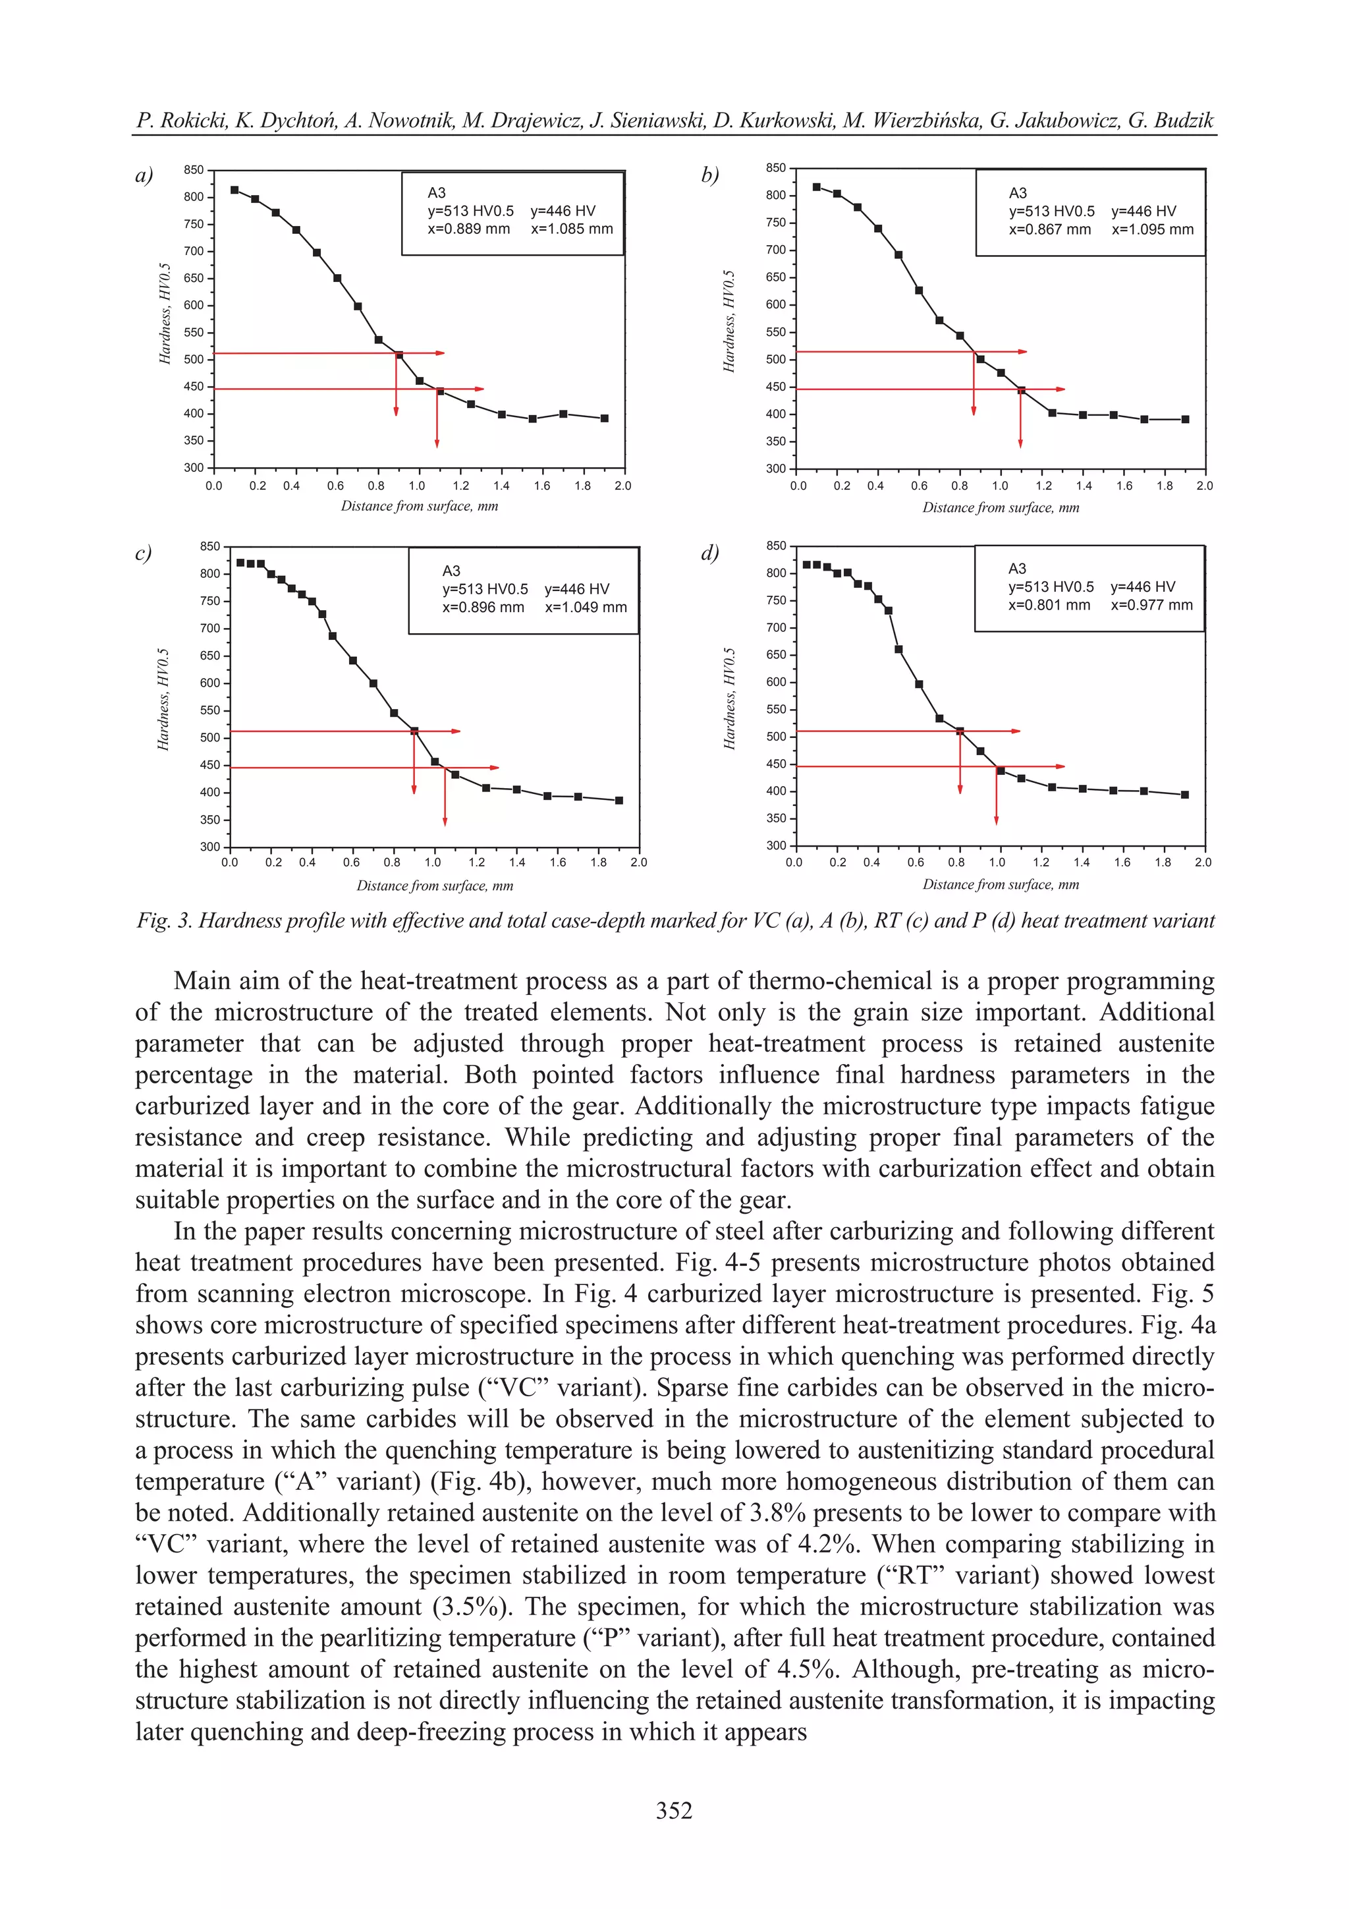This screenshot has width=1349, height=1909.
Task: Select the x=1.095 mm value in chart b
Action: click(1152, 229)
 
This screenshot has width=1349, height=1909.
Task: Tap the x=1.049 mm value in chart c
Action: click(586, 608)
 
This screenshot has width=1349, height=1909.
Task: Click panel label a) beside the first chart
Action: click(144, 175)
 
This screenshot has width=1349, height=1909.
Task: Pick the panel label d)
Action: click(709, 553)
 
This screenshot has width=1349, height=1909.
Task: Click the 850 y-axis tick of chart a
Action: click(194, 169)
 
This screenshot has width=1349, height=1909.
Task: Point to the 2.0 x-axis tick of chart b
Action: click(1204, 486)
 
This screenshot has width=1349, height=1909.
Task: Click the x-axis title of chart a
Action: click(419, 506)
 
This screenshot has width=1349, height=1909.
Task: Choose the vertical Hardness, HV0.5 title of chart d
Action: click(730, 698)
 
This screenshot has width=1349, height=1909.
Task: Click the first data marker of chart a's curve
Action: click(234, 190)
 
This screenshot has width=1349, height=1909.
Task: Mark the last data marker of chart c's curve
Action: click(619, 801)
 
